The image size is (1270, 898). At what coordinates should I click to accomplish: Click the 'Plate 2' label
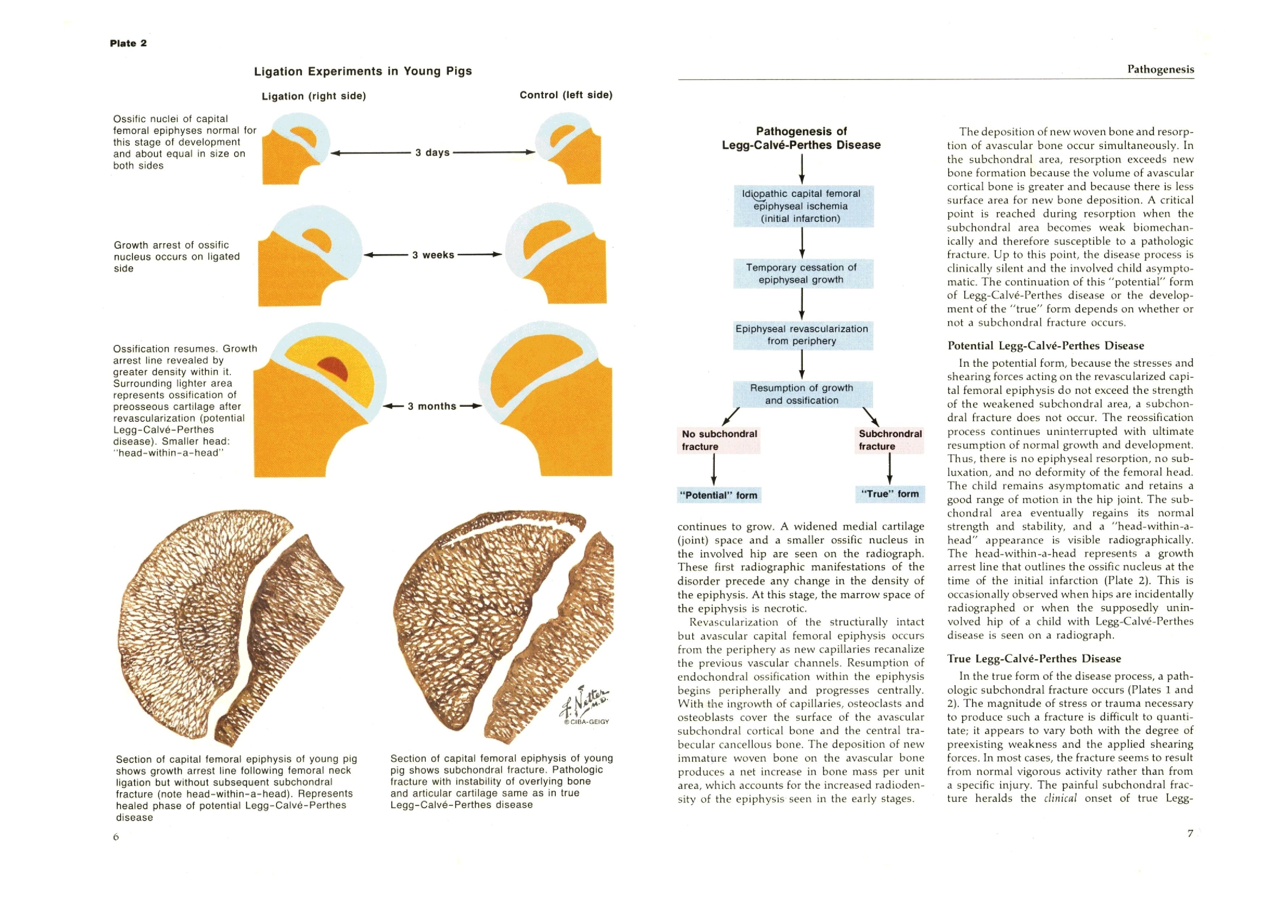point(128,43)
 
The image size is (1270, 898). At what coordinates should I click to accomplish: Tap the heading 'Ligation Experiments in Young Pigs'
point(362,71)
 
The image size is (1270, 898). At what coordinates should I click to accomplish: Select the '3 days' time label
point(432,153)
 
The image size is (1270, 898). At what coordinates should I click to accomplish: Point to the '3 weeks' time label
point(433,255)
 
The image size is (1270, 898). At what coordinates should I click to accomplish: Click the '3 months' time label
point(432,407)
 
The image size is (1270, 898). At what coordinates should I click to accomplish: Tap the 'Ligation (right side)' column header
point(314,96)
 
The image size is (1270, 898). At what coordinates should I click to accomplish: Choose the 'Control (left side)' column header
point(565,95)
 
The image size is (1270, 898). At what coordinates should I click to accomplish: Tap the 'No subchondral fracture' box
point(718,440)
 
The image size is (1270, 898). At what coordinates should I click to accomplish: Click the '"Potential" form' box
point(718,495)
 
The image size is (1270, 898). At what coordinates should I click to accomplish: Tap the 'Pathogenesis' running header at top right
point(1160,69)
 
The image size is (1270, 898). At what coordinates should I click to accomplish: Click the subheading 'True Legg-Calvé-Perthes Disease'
point(1034,659)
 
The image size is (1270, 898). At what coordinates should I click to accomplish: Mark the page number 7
point(1190,833)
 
